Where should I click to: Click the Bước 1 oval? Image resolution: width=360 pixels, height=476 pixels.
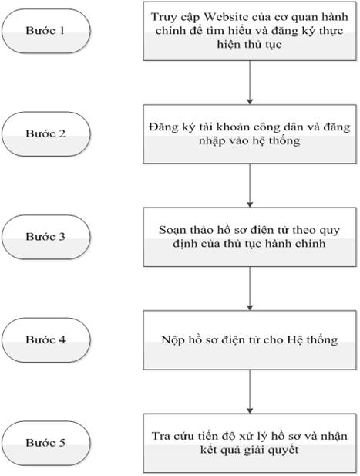tap(46, 31)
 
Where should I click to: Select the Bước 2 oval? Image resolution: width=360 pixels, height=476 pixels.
tap(46, 134)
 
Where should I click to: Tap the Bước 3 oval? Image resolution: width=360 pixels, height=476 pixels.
tap(46, 237)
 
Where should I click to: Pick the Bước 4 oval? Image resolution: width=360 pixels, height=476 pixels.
tap(46, 340)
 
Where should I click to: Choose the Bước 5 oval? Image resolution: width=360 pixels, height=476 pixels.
tap(46, 443)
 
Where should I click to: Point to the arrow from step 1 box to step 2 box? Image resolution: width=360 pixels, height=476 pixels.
tap(250, 83)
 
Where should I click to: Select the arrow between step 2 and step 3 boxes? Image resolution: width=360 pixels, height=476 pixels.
tap(250, 185)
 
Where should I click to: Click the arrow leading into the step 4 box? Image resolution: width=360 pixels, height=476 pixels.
tap(250, 289)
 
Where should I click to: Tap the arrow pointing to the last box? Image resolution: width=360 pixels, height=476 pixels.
tap(250, 392)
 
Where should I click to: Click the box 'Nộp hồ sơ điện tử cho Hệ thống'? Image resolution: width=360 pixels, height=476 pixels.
tap(250, 340)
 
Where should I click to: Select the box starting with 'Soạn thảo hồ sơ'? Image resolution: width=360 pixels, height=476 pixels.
tap(250, 237)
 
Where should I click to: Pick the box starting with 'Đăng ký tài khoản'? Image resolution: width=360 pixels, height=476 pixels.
tap(250, 134)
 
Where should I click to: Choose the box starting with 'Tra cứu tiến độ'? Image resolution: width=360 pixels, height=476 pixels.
tap(250, 443)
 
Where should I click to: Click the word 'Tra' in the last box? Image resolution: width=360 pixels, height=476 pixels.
tap(161, 436)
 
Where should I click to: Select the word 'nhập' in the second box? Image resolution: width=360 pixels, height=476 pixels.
tap(210, 141)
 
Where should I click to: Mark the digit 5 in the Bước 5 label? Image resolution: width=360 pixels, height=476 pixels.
tap(62, 443)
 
